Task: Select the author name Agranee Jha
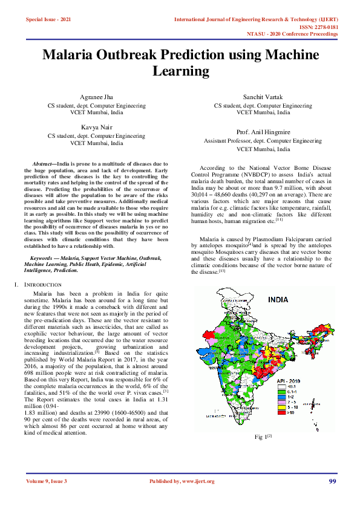tap(97, 97)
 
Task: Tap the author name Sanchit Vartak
tap(263, 97)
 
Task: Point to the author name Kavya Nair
tap(97, 127)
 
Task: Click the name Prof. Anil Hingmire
tap(263, 132)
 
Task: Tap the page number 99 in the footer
tap(332, 481)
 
